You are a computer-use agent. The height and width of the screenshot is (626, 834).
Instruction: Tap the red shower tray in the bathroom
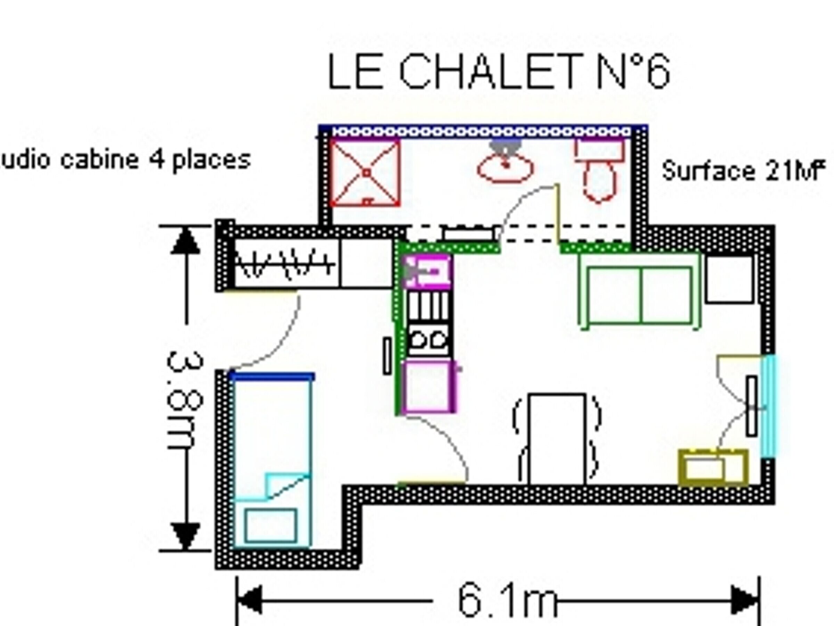(x=365, y=173)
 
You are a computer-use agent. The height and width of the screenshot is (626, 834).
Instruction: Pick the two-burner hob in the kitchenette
(x=429, y=339)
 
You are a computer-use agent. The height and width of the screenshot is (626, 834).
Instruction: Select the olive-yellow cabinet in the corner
(x=713, y=467)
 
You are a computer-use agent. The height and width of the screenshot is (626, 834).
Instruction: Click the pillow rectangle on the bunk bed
(x=270, y=525)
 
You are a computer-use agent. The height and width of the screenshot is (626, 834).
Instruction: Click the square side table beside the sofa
(x=729, y=279)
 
